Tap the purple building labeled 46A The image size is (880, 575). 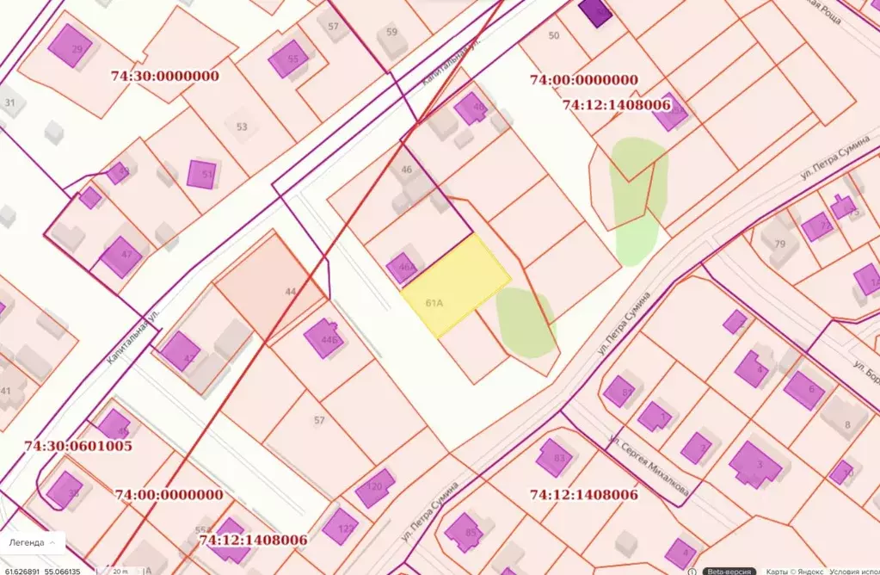(402, 268)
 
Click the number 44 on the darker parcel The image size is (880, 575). (291, 293)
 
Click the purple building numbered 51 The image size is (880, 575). (202, 174)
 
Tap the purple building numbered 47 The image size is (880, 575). (121, 257)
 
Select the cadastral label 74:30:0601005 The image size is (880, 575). (79, 446)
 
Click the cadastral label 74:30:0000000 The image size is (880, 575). (165, 76)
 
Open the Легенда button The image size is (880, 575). (32, 543)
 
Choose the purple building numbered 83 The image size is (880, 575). (555, 457)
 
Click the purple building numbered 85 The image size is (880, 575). (465, 532)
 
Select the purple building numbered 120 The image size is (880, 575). (375, 488)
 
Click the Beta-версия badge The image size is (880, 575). (729, 571)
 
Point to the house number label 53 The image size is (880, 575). (242, 127)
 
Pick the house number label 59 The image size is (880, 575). (392, 33)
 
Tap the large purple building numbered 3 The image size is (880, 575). (755, 465)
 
